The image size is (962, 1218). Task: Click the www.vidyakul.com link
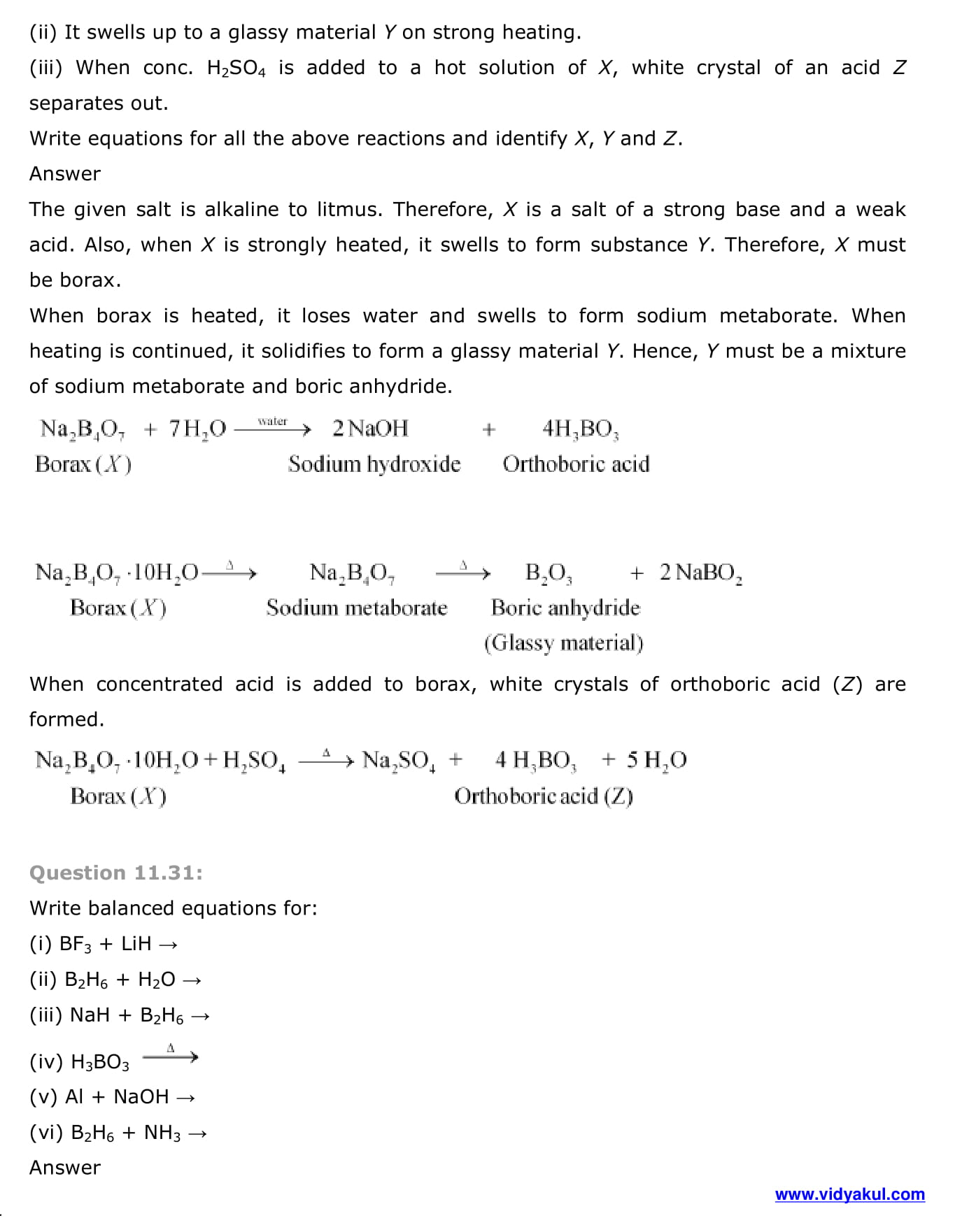[849, 1194]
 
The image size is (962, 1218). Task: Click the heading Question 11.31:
[116, 873]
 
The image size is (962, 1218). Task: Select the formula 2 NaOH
[370, 428]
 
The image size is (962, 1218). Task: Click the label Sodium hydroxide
[374, 464]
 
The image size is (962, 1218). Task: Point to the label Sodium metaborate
[356, 608]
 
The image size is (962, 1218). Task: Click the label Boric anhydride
[565, 608]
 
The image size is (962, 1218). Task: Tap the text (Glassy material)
[563, 643]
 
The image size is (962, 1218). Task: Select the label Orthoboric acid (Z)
[544, 796]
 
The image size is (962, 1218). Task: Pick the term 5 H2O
[656, 760]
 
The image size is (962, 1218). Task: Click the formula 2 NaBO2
[700, 573]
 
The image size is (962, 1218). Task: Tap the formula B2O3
[549, 573]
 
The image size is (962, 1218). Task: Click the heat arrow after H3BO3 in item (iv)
[170, 1056]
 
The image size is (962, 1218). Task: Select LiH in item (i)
[136, 944]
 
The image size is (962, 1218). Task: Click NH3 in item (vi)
[162, 1133]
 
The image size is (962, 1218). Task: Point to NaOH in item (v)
[141, 1097]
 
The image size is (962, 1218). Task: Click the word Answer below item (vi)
[65, 1168]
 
